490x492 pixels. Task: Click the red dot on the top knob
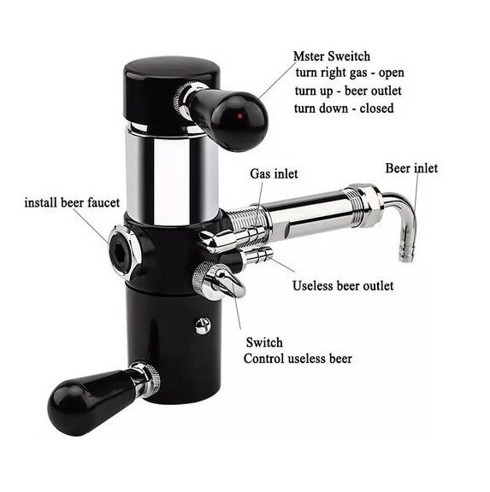[x=240, y=116]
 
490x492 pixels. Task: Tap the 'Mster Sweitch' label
[x=332, y=56]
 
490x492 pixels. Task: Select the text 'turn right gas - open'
[x=350, y=73]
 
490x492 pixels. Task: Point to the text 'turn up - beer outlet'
[x=348, y=91]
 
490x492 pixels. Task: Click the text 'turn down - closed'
[x=344, y=108]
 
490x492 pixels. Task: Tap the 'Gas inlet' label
[x=274, y=174]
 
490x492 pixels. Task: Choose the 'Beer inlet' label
[x=411, y=168]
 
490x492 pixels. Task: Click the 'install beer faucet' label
[x=72, y=202]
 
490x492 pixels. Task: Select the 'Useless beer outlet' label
[x=343, y=286]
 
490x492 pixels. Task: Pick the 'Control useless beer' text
[x=298, y=359]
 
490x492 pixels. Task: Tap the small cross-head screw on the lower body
[x=202, y=325]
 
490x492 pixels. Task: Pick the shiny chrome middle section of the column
[x=172, y=176]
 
